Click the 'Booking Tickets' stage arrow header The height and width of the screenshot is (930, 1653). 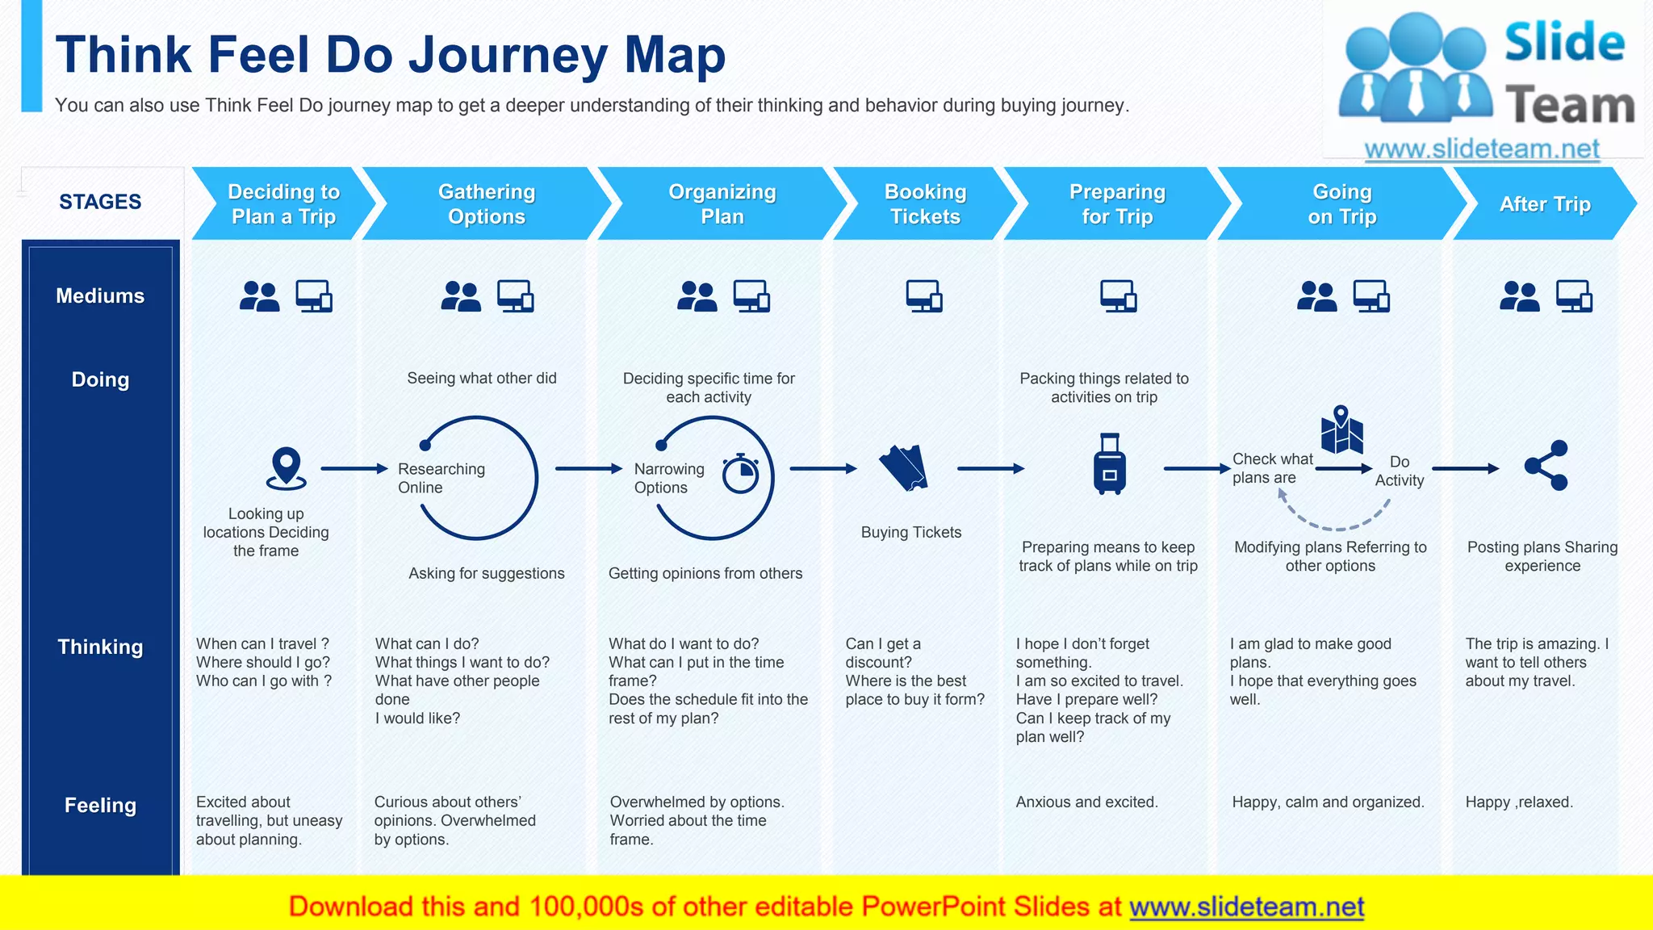(925, 203)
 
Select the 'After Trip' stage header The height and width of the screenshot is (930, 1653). (1544, 204)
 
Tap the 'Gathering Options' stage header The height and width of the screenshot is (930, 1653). (486, 203)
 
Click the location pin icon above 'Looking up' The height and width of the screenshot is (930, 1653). (286, 468)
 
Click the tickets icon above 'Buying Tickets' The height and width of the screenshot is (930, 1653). (903, 467)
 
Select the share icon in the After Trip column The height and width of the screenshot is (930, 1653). (1546, 466)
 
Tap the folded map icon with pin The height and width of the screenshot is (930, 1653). (1341, 429)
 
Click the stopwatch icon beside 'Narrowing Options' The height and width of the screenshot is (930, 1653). (740, 474)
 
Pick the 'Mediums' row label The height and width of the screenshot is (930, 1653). (100, 295)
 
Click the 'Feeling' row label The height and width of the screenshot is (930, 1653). (100, 805)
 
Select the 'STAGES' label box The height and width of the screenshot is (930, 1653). (100, 202)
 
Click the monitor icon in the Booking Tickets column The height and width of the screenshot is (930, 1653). (924, 296)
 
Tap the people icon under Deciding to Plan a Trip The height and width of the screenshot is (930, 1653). (259, 296)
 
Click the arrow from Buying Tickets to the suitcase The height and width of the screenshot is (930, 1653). (990, 468)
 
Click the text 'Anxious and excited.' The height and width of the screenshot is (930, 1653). (1086, 802)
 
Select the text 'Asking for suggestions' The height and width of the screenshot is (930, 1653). (486, 573)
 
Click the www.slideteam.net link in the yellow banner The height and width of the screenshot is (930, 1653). (1246, 907)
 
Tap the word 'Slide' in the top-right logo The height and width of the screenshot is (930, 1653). (1563, 43)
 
